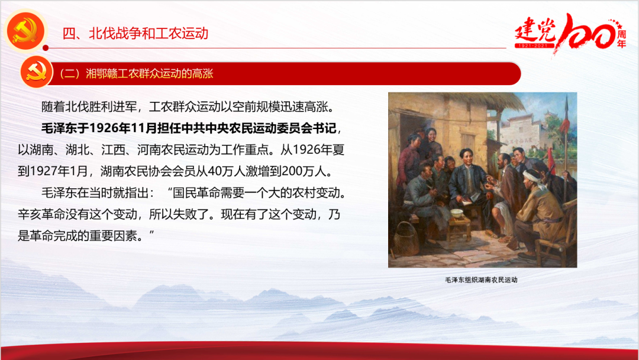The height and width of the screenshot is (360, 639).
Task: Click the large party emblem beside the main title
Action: pyautogui.click(x=25, y=31)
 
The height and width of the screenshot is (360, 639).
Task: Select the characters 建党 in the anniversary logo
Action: pyautogui.click(x=535, y=30)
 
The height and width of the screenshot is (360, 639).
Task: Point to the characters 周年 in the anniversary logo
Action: pyautogui.click(x=621, y=38)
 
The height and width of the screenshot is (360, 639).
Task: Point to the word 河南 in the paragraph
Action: pyautogui.click(x=149, y=150)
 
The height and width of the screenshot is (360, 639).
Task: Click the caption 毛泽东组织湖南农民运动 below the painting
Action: pyautogui.click(x=481, y=280)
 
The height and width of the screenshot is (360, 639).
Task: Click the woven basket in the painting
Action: pyautogui.click(x=406, y=239)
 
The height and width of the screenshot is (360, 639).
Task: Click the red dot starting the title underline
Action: pyautogui.click(x=46, y=48)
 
